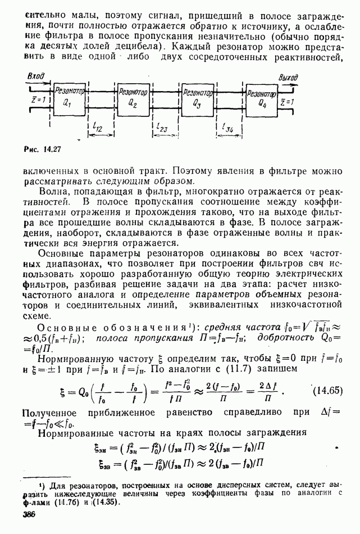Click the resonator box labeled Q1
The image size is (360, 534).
point(70,98)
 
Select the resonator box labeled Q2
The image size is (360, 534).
point(133,98)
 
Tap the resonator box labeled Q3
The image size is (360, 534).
point(197,98)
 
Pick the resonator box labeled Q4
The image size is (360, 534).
point(262,98)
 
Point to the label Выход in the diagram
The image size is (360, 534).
point(320,75)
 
